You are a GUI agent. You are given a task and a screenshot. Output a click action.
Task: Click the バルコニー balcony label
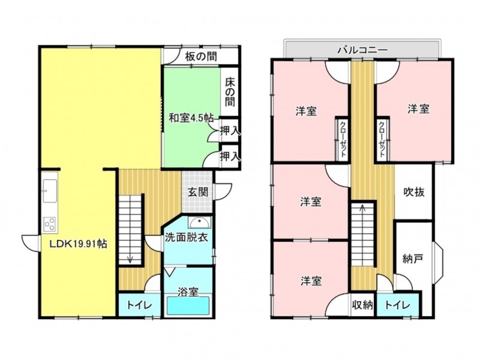point(362,50)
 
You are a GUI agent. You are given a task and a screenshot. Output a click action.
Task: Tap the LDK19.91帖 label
point(79,244)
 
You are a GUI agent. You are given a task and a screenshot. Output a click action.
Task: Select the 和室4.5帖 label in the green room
point(191,118)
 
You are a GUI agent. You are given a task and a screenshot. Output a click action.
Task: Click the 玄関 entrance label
point(198,192)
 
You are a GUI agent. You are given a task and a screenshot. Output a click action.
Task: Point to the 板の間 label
point(201,56)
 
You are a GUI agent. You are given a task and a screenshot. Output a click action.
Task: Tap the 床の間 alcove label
point(230,92)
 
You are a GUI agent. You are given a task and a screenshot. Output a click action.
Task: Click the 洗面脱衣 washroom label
point(187,238)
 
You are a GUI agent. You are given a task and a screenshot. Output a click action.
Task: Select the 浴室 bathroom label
point(188,292)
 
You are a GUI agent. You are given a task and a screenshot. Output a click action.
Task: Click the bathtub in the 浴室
point(188,305)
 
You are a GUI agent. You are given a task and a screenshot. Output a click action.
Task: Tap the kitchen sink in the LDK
point(50,191)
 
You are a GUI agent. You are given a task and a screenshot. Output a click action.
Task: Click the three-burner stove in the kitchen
point(50,223)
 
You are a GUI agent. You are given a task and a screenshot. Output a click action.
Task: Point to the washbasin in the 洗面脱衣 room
point(200,223)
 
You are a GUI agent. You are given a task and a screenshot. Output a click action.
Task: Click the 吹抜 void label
point(414,192)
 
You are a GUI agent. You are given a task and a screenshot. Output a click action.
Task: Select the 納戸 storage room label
point(413,259)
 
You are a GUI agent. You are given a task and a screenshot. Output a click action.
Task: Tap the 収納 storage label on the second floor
point(362,305)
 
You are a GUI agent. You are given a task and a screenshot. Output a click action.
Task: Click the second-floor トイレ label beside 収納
point(397,305)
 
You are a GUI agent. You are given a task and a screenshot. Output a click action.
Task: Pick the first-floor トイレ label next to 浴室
point(139,305)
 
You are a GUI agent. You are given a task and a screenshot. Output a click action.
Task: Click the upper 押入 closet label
point(230,131)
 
